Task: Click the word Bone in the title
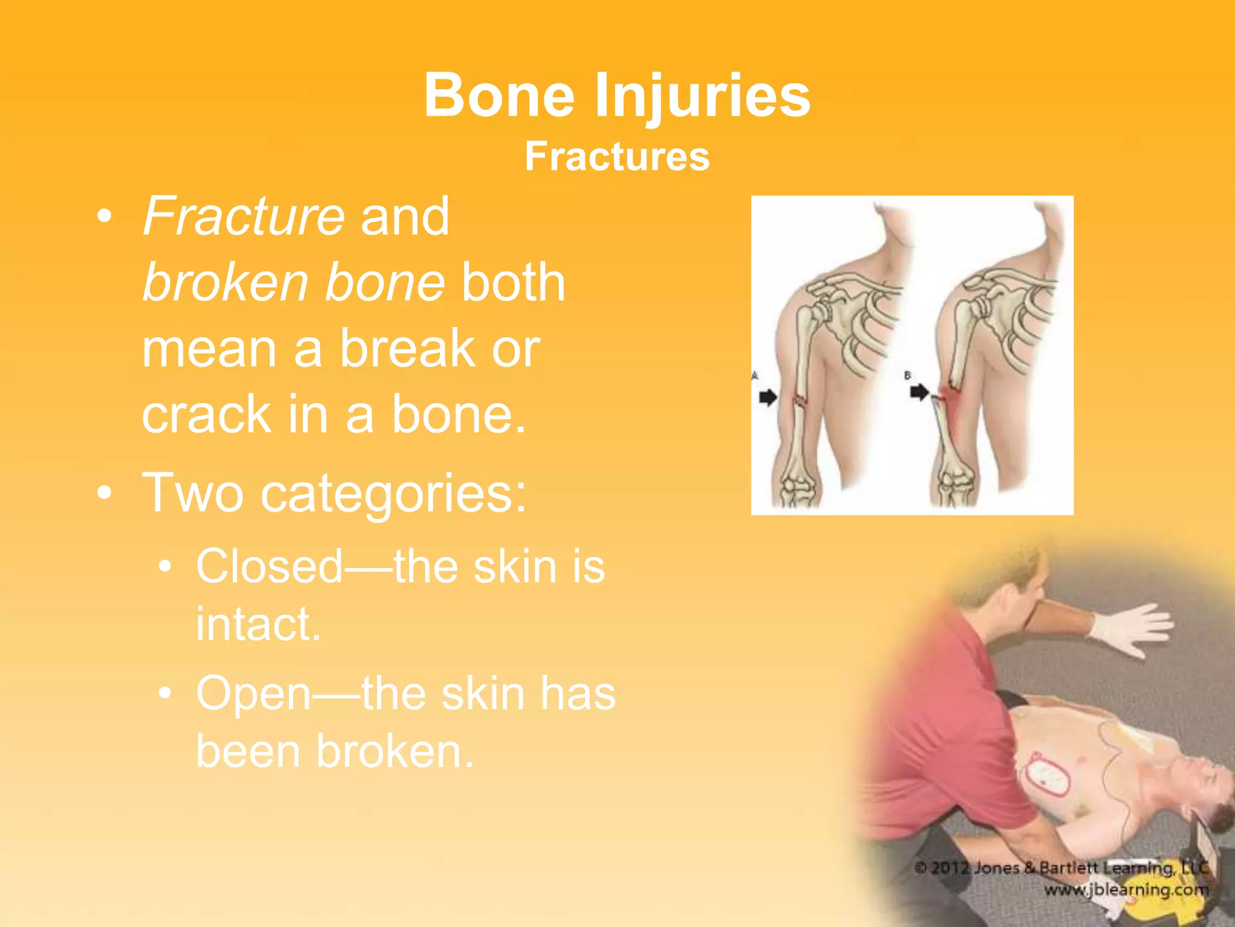pyautogui.click(x=499, y=95)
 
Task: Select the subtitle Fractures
pyautogui.click(x=617, y=156)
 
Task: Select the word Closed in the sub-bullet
pyautogui.click(x=270, y=567)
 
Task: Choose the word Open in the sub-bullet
pyautogui.click(x=254, y=693)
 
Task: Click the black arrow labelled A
pyautogui.click(x=768, y=398)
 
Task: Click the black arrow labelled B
pyautogui.click(x=919, y=393)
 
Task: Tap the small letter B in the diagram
pyautogui.click(x=908, y=375)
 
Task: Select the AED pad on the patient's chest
pyautogui.click(x=1048, y=777)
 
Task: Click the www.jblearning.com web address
pyautogui.click(x=1126, y=890)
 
